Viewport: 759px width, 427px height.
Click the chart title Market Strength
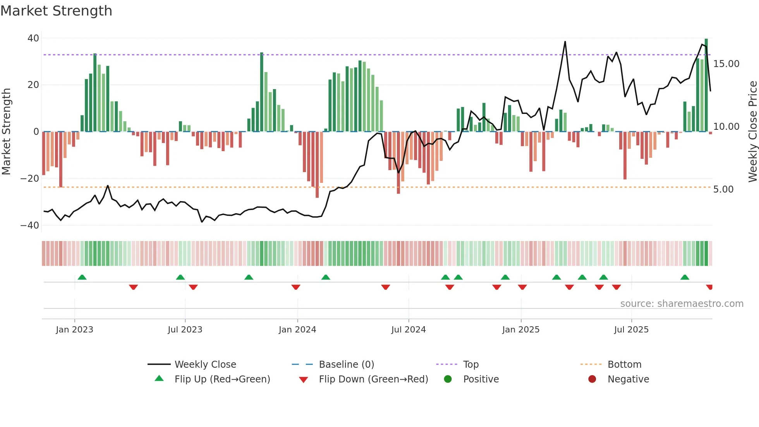coord(56,11)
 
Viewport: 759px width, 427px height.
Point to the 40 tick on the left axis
coord(33,38)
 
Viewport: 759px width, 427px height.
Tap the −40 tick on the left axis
coord(30,225)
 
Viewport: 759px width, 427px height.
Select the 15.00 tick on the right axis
coord(726,64)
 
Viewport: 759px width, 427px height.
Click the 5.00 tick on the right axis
coord(723,189)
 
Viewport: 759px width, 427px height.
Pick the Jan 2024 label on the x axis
coord(297,330)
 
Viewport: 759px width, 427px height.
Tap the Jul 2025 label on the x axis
coord(631,330)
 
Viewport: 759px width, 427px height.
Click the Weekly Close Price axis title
coord(752,131)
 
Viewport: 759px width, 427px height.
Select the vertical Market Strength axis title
coord(6,131)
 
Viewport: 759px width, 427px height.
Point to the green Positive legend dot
coord(448,379)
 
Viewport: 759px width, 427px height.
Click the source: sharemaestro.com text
coord(682,304)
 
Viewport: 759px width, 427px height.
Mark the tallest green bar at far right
coord(706,85)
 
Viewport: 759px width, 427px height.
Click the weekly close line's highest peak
coord(565,42)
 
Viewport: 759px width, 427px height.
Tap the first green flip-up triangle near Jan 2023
coord(82,277)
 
